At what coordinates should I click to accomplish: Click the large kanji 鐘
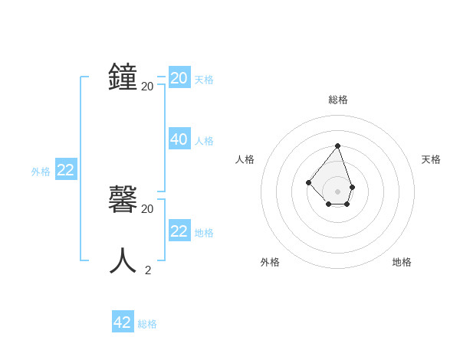pyautogui.click(x=123, y=77)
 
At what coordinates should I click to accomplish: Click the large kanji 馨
pyautogui.click(x=123, y=201)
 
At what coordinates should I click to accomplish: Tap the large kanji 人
pyautogui.click(x=123, y=261)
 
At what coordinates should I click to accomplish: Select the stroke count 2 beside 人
pyautogui.click(x=148, y=270)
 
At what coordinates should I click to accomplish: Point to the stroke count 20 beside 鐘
pyautogui.click(x=147, y=86)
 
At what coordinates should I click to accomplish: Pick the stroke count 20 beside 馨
pyautogui.click(x=147, y=208)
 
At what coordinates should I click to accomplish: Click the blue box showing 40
pyautogui.click(x=179, y=139)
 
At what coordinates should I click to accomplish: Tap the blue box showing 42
pyautogui.click(x=123, y=322)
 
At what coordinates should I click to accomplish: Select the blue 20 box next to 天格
pyautogui.click(x=179, y=78)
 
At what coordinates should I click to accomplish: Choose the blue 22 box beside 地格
pyautogui.click(x=179, y=231)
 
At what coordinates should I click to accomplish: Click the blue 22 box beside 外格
pyautogui.click(x=66, y=170)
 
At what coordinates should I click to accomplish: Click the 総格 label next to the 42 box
pyautogui.click(x=147, y=324)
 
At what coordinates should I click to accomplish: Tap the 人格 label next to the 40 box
pyautogui.click(x=204, y=141)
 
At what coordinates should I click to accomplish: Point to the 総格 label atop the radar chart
pyautogui.click(x=338, y=100)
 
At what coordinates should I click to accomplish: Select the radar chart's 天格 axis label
pyautogui.click(x=432, y=159)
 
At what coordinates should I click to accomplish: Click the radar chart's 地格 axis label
pyautogui.click(x=402, y=262)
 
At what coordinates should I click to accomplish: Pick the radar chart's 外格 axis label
pyautogui.click(x=270, y=262)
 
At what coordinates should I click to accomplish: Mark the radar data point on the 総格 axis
pyautogui.click(x=337, y=146)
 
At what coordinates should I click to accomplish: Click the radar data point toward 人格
pyautogui.click(x=308, y=182)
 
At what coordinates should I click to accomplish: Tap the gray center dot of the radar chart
pyautogui.click(x=337, y=191)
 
